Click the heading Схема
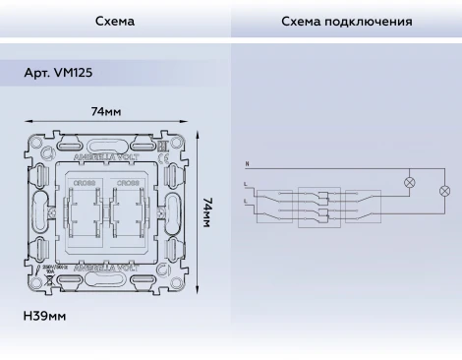coord(115,21)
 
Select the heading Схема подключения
coord(346,21)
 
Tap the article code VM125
coord(60,73)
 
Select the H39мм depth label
coord(44,317)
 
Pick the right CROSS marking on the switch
coord(127,183)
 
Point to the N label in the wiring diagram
coord(247,162)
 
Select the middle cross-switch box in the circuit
coord(316,205)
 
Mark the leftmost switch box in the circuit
coord(274,205)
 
